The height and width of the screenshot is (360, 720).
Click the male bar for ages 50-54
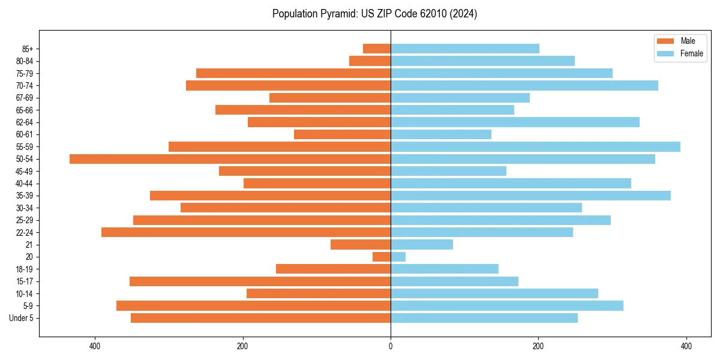pos(230,159)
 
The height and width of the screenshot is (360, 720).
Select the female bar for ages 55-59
pos(535,146)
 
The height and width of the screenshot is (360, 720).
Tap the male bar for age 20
pos(382,257)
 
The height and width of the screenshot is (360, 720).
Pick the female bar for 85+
pos(465,49)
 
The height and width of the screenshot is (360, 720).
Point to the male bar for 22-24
pos(246,232)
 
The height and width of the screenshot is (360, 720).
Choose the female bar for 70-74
pos(524,85)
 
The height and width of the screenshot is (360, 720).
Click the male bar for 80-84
pos(370,61)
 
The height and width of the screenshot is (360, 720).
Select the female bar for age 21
pos(422,244)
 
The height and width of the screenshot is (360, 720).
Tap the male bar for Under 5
pos(260,318)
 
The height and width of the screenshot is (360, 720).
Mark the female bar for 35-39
pos(530,196)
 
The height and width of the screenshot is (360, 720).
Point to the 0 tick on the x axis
pos(391,346)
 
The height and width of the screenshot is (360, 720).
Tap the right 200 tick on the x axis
pos(538,346)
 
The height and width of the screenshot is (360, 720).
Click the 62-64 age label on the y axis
pos(25,122)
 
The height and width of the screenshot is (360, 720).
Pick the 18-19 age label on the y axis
pos(25,269)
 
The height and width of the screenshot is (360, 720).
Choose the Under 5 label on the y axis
pos(21,318)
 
